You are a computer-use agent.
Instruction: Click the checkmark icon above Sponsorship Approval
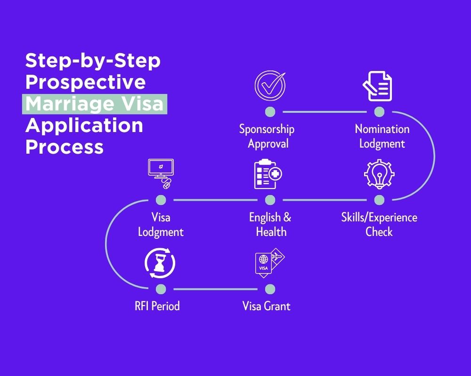coord(270,85)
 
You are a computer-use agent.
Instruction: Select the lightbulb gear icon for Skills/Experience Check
coord(379,174)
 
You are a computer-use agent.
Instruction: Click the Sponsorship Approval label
coord(267,136)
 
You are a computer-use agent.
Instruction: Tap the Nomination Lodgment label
coord(382,136)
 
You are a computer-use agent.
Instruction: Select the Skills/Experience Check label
coord(379,224)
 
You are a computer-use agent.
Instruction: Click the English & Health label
coord(270,224)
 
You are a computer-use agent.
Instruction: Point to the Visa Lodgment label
coord(161,224)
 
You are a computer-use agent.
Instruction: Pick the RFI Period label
coord(157,306)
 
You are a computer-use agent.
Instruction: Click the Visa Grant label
coord(266,306)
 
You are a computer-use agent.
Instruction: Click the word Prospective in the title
coord(85,82)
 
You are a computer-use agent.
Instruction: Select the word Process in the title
coord(65,147)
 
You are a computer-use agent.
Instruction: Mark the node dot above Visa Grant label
coord(270,289)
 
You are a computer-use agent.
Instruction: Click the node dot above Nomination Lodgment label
coord(379,111)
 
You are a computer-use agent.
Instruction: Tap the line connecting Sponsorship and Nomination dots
coord(324,112)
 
